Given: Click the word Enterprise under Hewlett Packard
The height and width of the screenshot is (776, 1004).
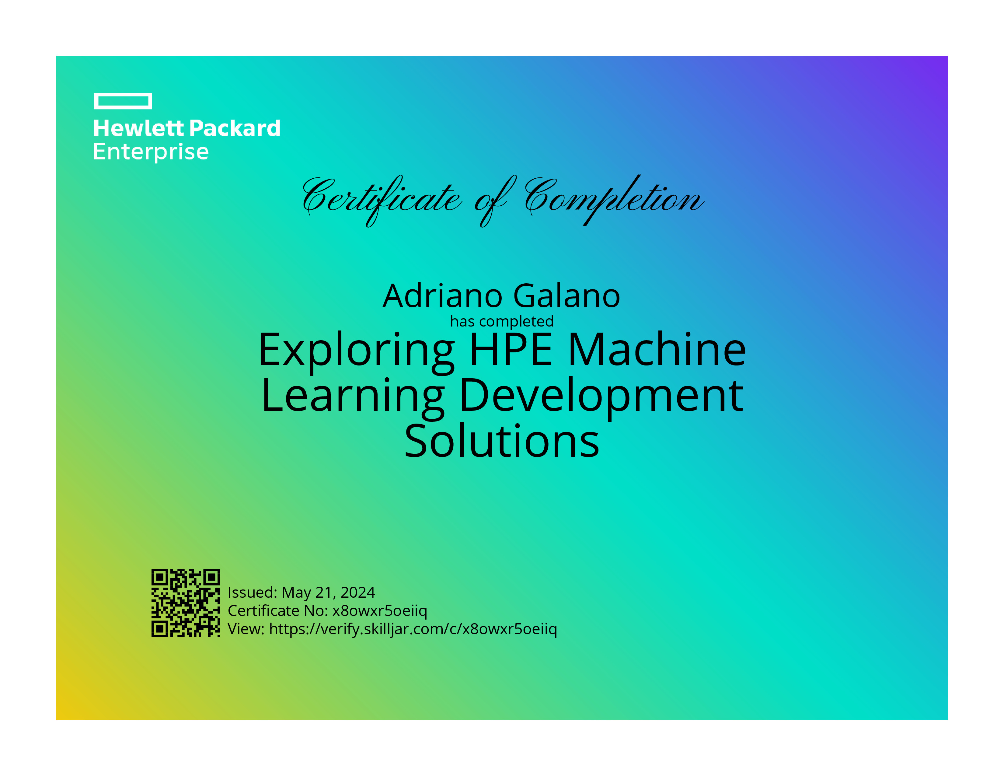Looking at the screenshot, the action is tap(151, 152).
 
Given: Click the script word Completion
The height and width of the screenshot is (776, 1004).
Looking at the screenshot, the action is tap(614, 200).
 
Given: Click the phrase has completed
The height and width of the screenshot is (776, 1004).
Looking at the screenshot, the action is tap(502, 321).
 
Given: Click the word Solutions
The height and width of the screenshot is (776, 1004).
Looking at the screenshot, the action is tap(502, 441).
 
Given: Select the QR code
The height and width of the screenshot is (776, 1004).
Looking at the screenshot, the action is tap(186, 603).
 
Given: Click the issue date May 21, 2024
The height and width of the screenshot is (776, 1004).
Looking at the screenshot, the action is tap(328, 592).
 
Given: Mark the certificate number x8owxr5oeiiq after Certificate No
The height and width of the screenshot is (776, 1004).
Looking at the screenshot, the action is tap(380, 611).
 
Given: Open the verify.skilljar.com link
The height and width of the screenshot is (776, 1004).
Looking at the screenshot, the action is tap(413, 629).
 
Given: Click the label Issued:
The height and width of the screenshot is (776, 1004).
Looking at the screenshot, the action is tap(253, 592).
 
